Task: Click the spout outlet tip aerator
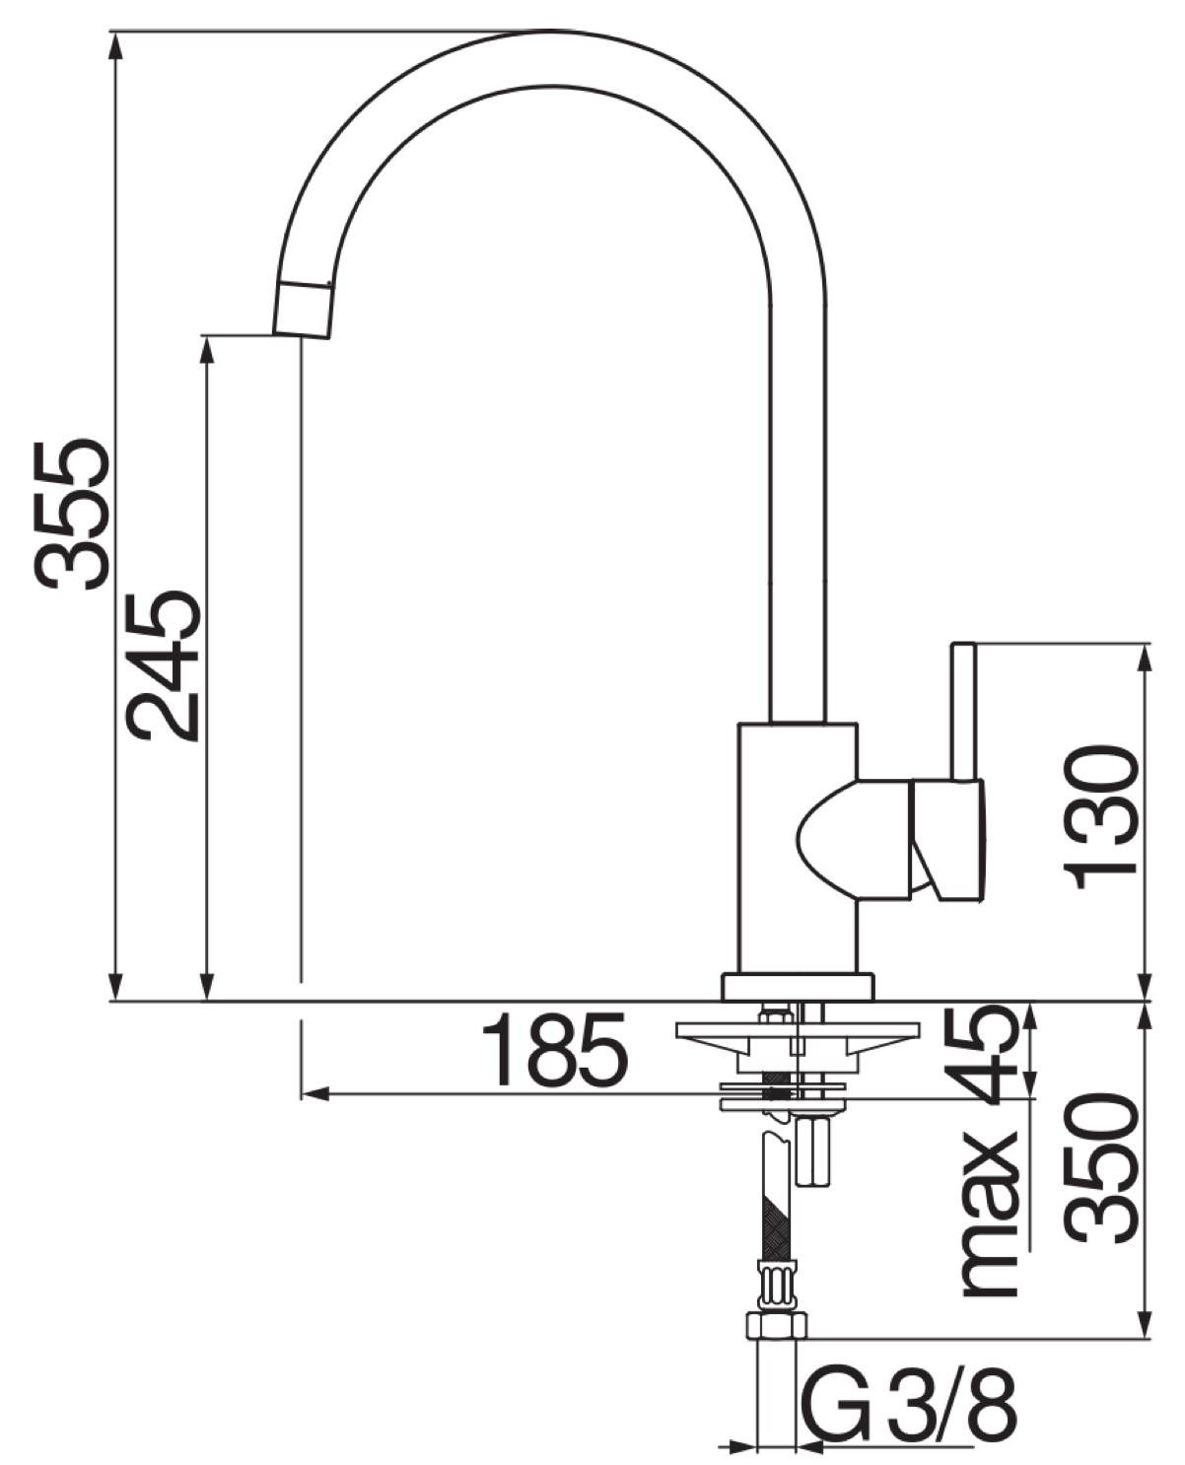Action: click(304, 311)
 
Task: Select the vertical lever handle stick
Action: click(963, 713)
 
